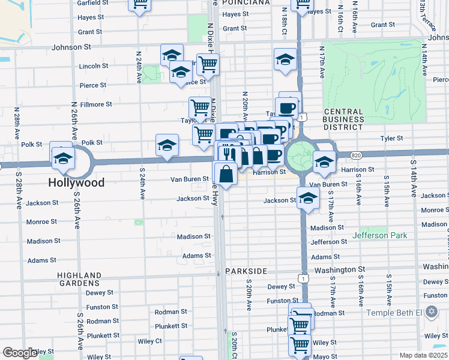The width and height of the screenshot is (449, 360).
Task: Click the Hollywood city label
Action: (77, 182)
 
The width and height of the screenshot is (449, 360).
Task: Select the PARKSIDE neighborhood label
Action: (245, 271)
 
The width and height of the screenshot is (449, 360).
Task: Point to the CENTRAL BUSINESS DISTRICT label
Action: (343, 119)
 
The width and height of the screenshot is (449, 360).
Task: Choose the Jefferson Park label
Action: (381, 235)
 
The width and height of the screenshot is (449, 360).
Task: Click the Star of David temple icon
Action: (430, 313)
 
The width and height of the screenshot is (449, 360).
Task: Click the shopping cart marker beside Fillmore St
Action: (200, 108)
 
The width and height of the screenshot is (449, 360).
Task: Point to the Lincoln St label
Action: (93, 66)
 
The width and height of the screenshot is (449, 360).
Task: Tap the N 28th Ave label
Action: (17, 124)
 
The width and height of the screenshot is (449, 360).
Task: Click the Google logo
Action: (20, 353)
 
